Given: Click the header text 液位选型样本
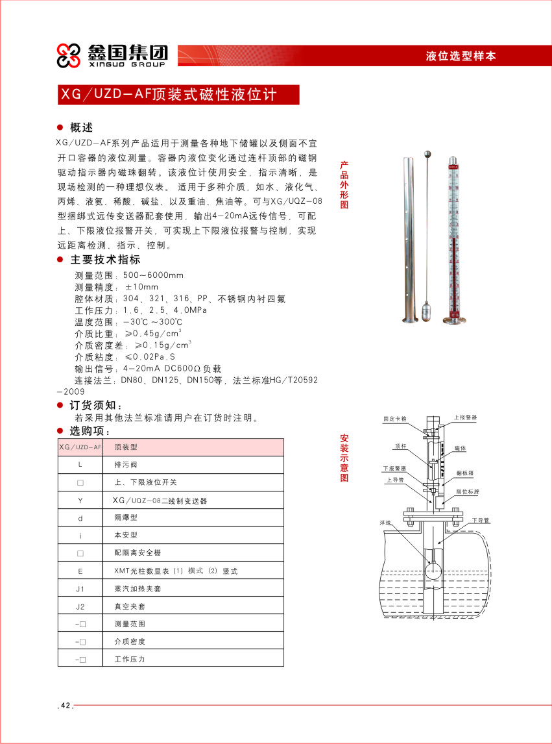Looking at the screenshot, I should coord(461,56).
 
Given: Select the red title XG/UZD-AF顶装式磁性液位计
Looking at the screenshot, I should coord(169,95).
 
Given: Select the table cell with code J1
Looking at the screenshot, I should coord(80,589).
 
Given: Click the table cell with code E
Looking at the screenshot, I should coord(80,571).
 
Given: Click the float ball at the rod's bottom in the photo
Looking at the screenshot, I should coord(427,310).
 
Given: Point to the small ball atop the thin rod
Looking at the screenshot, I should coord(427,155).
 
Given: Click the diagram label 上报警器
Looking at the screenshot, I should coord(465,418).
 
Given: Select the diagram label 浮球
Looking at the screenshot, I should coord(385,522).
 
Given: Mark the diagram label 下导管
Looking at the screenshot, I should coord(481,520).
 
